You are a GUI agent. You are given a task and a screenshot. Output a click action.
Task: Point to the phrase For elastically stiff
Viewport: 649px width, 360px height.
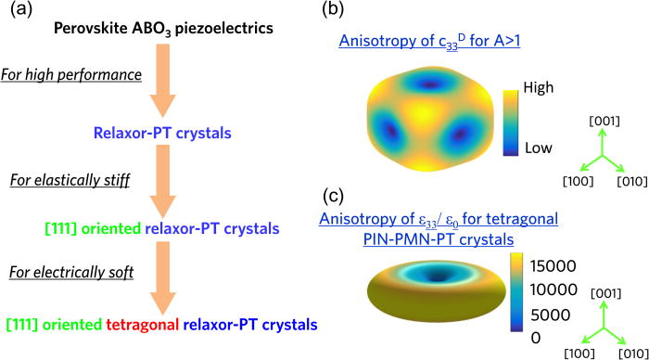coord(70,179)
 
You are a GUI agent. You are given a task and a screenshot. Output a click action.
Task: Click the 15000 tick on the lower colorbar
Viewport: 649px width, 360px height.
coord(551,266)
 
